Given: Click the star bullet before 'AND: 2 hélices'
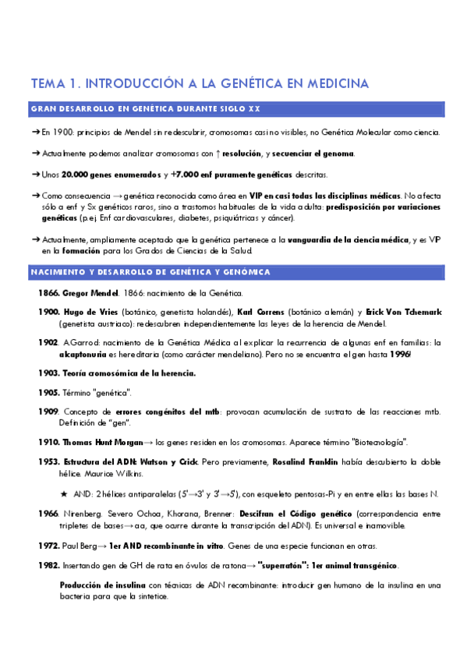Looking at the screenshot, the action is coord(64,493).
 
